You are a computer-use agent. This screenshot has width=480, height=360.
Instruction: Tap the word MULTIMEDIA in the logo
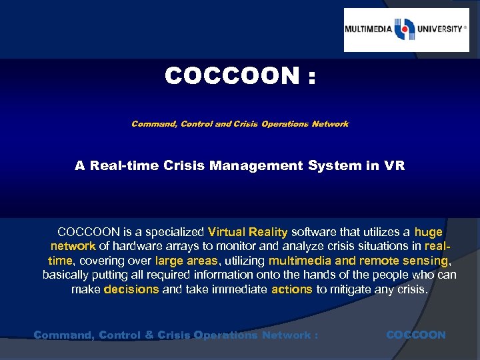369,29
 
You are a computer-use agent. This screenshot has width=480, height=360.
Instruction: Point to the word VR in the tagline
393,165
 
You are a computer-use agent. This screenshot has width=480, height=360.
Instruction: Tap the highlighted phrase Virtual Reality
247,233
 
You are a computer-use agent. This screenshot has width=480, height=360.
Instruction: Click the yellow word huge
428,233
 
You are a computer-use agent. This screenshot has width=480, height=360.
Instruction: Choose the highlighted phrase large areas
187,261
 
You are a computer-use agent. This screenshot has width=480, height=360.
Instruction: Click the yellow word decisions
131,289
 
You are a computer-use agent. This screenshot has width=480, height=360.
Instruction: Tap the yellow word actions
291,289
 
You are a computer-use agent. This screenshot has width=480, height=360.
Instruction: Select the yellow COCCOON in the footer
416,335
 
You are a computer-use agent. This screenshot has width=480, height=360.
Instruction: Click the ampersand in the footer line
148,335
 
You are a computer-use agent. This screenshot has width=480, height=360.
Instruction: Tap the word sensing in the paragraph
425,261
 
